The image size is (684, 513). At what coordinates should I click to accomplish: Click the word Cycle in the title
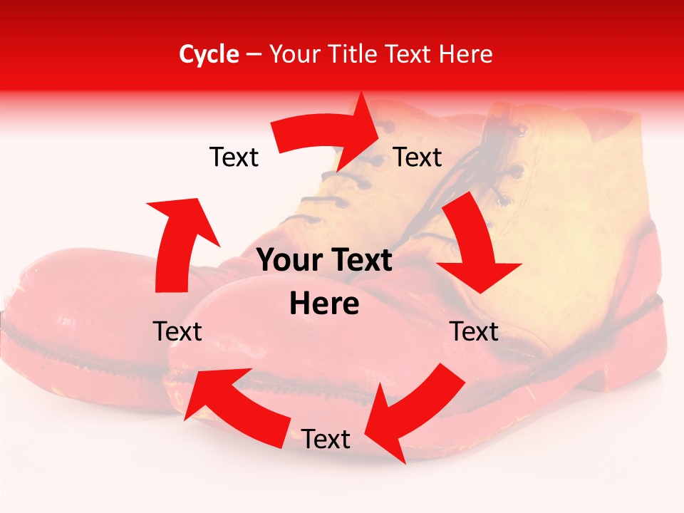pos(209,54)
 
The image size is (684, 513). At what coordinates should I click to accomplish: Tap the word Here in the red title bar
pos(467,54)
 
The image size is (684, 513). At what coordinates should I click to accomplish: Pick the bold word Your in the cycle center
pos(289,261)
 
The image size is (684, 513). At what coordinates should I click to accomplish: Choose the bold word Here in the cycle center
pos(324,304)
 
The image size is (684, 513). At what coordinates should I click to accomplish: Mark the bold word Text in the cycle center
pos(359,261)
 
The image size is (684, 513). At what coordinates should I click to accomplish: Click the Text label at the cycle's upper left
pos(234,157)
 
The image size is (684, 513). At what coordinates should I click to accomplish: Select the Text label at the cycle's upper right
pos(418,157)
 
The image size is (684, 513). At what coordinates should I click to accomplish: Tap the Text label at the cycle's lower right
pos(474,331)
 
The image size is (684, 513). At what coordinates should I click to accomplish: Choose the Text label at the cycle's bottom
pos(326,439)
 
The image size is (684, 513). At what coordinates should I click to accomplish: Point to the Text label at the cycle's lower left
pos(177,331)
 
